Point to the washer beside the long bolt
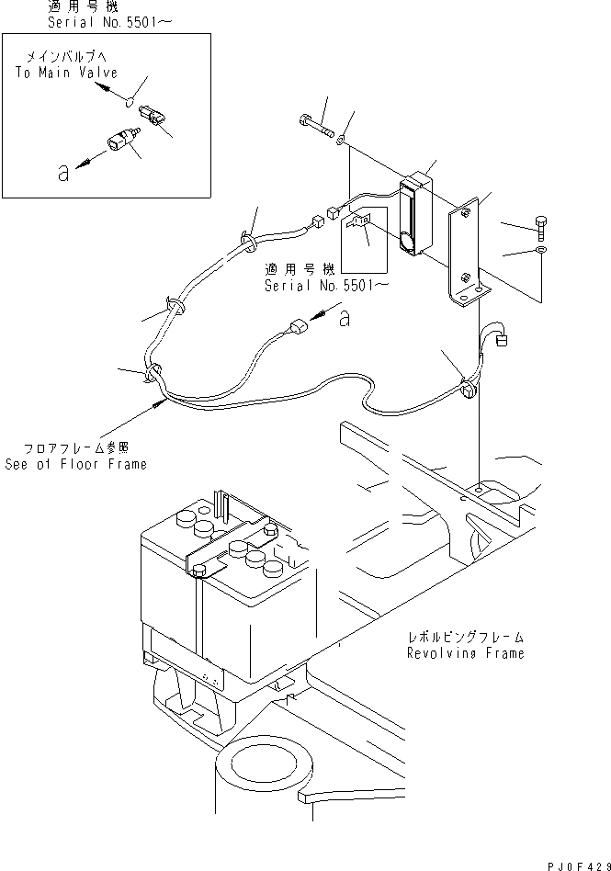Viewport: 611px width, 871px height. click(x=341, y=140)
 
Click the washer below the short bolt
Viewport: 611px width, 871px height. click(x=541, y=250)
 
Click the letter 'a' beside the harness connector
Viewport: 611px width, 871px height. click(x=344, y=318)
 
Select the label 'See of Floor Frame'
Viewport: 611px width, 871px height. click(x=75, y=464)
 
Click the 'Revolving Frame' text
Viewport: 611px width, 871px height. click(x=466, y=653)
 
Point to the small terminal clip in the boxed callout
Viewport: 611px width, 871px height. click(x=360, y=223)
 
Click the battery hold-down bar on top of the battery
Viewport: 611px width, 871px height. click(x=230, y=553)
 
